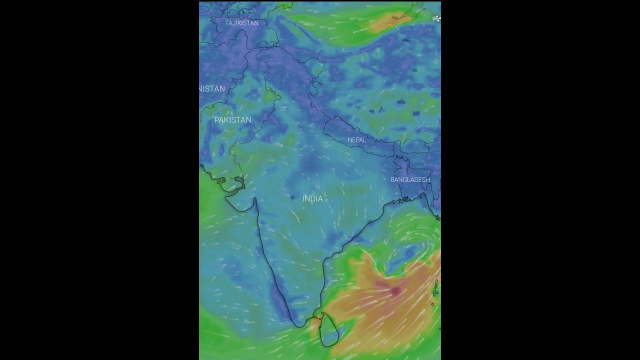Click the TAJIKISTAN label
coord(241,23)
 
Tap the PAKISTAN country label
coord(232,120)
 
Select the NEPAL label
coord(356,140)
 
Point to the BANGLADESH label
coord(410,179)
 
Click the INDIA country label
coord(312,198)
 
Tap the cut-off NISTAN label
coord(212,88)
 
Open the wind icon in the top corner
coord(436,18)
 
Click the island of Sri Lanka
coord(328,329)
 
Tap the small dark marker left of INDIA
coord(292,197)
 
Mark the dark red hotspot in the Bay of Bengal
coord(394,289)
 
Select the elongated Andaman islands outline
coord(436,287)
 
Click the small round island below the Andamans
coord(432,304)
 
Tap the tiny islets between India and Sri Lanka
coord(315,317)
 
